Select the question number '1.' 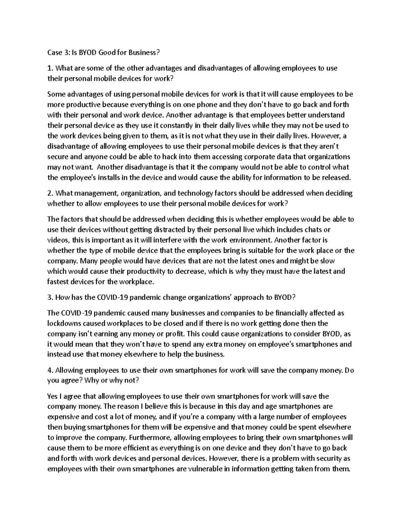coord(50,68)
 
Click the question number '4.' coord(51,370)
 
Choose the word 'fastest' coord(59,281)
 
